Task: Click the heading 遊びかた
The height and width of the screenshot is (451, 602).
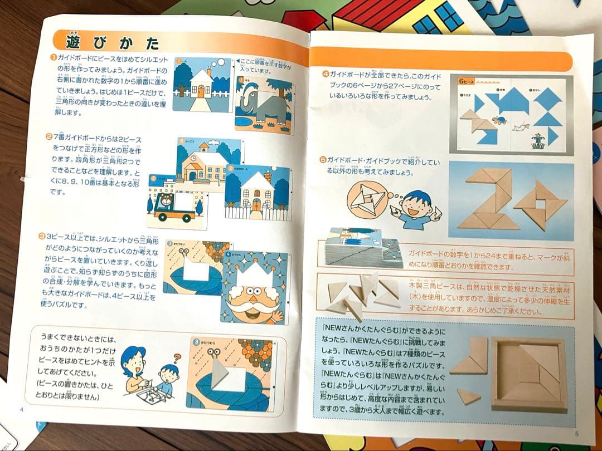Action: [x=112, y=42]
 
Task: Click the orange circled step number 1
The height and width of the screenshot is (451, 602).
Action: [x=52, y=57]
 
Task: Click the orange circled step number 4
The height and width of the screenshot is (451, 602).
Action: [x=325, y=73]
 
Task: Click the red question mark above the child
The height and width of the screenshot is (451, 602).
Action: [x=178, y=358]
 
